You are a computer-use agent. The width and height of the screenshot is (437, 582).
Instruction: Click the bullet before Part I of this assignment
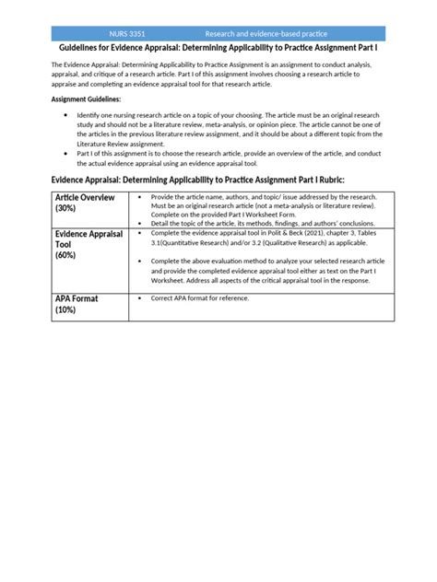[67, 152]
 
